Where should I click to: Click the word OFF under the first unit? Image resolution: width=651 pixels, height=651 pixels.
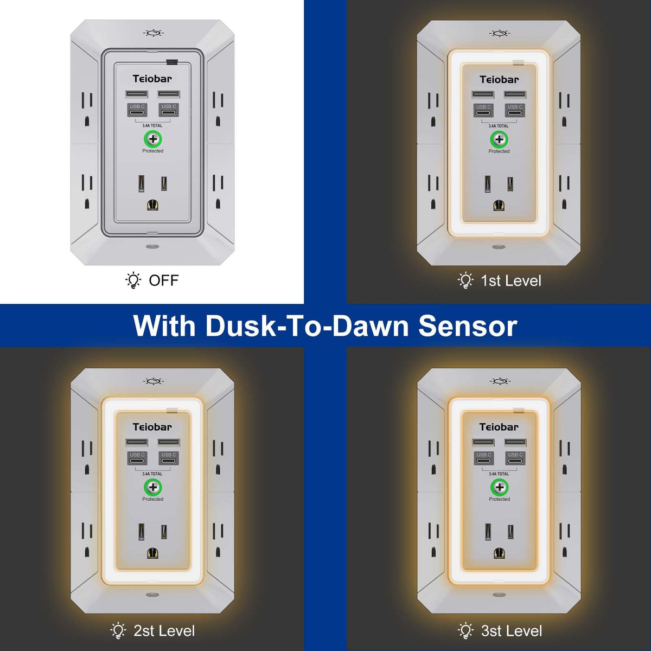[x=164, y=280]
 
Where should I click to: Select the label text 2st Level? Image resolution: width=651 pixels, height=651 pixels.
[x=164, y=631]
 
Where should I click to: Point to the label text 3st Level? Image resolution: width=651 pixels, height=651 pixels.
[x=512, y=631]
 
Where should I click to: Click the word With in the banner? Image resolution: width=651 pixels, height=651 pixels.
[x=164, y=326]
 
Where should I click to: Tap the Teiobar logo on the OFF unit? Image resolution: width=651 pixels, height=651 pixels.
[x=152, y=79]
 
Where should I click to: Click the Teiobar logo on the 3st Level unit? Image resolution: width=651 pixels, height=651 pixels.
[x=499, y=427]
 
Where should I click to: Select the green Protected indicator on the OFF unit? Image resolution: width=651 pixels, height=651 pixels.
[x=152, y=138]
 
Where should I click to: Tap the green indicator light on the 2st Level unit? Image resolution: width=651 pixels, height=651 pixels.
[x=152, y=487]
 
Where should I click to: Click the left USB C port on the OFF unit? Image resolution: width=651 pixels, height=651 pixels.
[x=137, y=110]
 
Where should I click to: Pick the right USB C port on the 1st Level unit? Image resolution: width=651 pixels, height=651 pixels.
[x=515, y=111]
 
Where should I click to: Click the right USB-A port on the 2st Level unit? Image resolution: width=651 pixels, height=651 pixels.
[x=169, y=442]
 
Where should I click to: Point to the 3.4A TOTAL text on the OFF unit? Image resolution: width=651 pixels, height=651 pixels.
[x=152, y=125]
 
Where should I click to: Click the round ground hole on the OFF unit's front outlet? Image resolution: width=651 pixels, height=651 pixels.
[x=153, y=205]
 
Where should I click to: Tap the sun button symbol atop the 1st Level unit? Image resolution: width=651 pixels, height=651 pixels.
[x=500, y=34]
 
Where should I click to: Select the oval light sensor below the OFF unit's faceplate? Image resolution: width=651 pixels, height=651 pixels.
[x=152, y=247]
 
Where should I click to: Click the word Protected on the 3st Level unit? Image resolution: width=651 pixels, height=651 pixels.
[x=499, y=499]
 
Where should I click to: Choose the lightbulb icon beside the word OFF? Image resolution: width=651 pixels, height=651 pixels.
[x=133, y=280]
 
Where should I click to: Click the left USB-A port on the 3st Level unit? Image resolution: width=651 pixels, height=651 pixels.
[x=483, y=442]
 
